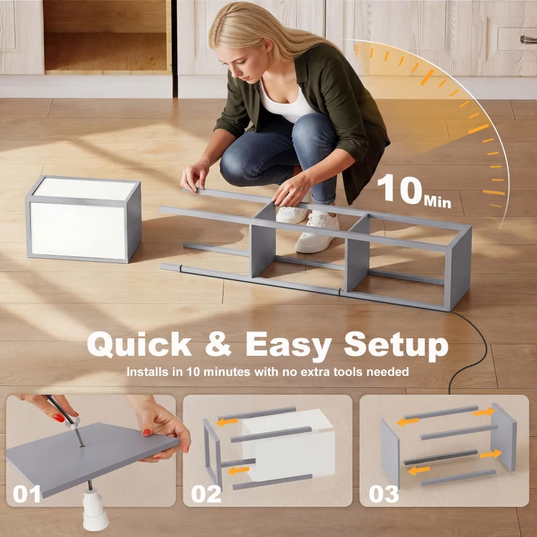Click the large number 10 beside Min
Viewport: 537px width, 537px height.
coord(399,188)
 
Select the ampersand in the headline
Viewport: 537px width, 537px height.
coord(218,344)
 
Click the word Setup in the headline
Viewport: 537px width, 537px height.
coord(396,346)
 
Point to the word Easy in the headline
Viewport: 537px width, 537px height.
coord(289,346)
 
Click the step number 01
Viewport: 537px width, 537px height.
coord(26,494)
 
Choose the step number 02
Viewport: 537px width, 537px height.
coord(206,494)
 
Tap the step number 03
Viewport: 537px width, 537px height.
coord(384,494)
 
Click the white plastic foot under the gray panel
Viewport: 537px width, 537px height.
coord(95,509)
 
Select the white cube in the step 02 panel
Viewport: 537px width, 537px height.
coord(289,444)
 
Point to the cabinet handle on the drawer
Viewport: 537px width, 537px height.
coord(528,40)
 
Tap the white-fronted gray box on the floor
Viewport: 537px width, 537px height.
coord(83,219)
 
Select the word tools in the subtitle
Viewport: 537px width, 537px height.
coord(348,372)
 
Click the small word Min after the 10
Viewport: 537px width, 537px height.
coord(438,201)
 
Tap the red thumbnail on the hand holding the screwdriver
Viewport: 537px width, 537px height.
coord(58,418)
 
